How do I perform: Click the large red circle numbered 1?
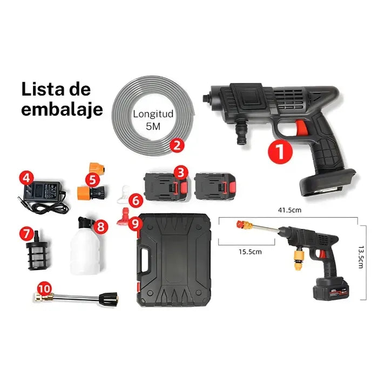point(279,151)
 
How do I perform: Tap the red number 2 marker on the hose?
point(176,145)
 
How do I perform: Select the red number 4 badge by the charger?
point(26,177)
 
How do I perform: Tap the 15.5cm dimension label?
point(251,252)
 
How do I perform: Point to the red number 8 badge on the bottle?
point(100,226)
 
